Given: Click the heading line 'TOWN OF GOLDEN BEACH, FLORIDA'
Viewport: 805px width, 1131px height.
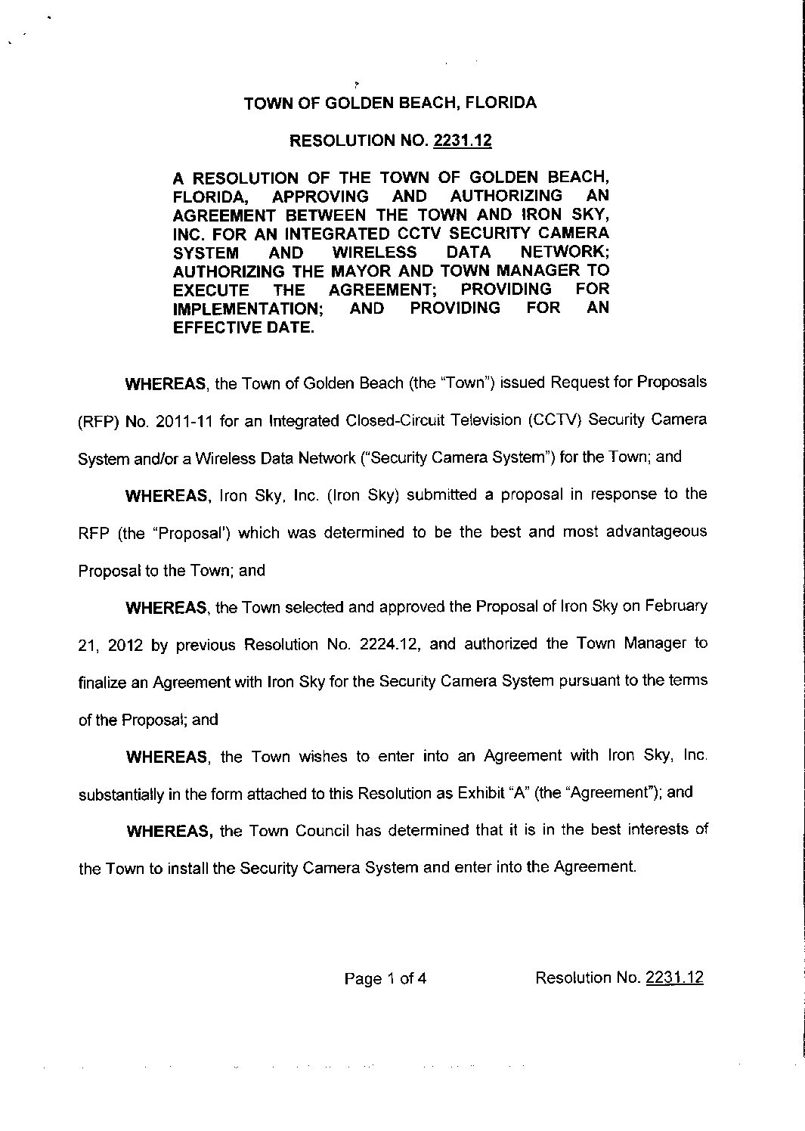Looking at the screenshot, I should (390, 103).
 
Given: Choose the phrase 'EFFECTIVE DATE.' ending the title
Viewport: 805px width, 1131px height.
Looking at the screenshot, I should (243, 327).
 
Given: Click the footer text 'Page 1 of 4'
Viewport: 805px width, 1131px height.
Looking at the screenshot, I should (385, 979).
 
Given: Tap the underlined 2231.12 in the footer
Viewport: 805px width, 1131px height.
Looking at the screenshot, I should (674, 978).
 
